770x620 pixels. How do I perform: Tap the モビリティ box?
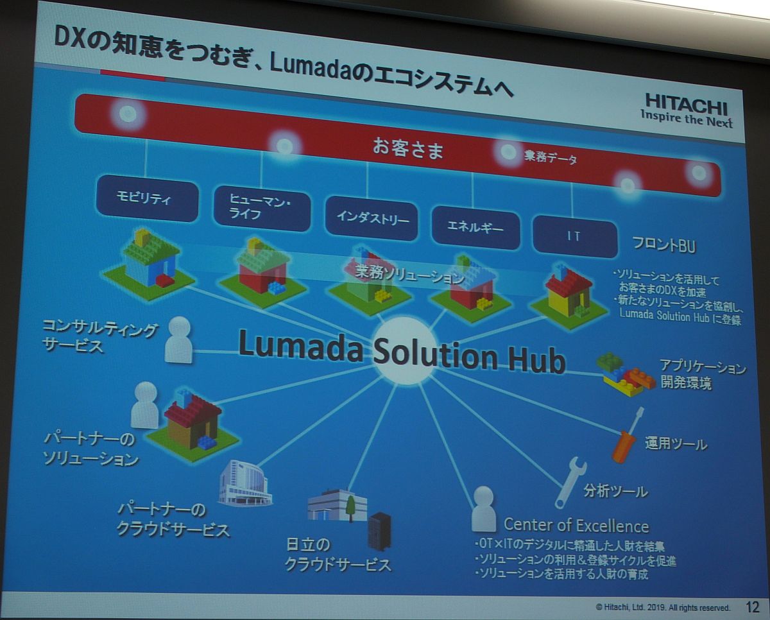point(147,198)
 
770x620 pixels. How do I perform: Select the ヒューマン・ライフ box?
point(262,209)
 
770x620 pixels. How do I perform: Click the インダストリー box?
point(372,218)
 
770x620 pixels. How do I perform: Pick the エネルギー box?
point(475,228)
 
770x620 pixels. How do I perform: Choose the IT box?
point(575,237)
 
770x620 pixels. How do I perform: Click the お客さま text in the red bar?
point(408,148)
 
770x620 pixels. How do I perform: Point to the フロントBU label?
point(664,246)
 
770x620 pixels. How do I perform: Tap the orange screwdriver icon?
point(627,436)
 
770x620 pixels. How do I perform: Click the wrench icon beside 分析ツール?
point(570,483)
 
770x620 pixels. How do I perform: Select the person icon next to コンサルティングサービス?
point(178,340)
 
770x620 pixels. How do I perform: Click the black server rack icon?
point(379,532)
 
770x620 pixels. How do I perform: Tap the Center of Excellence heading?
point(576,526)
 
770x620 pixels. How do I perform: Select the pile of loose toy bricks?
point(625,374)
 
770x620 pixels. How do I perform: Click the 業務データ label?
point(551,157)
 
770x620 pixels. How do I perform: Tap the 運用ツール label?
point(676,444)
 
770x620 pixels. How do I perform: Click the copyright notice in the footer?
point(663,607)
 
